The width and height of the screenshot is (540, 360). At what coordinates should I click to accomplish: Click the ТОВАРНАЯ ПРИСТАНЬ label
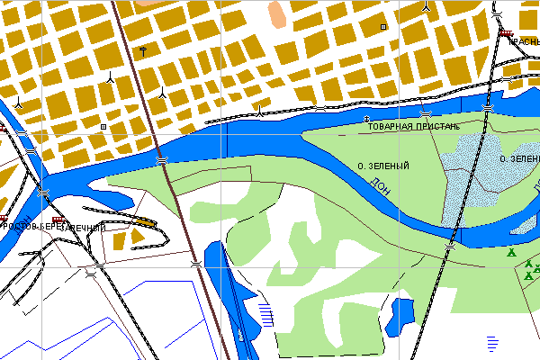point(414,127)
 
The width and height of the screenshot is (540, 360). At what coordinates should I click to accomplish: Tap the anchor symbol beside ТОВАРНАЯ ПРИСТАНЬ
point(366,120)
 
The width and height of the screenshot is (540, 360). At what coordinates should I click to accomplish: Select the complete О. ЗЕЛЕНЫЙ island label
point(383,166)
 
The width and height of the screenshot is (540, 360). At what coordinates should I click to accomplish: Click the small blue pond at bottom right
point(400,312)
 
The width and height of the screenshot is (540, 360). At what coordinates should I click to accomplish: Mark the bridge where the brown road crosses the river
point(162,160)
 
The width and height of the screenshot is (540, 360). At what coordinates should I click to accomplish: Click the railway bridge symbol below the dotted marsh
point(451,243)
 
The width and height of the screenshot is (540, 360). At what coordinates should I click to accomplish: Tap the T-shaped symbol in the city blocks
point(144,48)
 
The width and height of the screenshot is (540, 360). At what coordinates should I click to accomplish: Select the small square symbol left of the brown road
point(103,127)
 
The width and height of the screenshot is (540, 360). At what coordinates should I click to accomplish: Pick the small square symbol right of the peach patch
point(384,28)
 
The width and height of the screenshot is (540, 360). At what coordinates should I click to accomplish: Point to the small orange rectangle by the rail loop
point(145,220)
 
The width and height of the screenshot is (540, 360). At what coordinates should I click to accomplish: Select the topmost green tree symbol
point(512,254)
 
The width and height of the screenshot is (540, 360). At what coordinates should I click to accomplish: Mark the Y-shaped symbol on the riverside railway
point(260,112)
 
